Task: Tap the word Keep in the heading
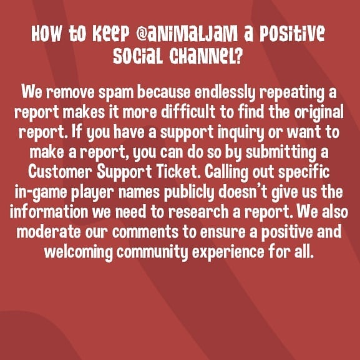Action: point(111,34)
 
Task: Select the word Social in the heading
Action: point(138,56)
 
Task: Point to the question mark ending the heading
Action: point(238,56)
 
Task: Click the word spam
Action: point(116,92)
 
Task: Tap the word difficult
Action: point(188,112)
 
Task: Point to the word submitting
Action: point(281,153)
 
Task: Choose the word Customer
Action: point(61,172)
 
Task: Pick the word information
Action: point(49,212)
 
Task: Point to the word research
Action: point(198,212)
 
